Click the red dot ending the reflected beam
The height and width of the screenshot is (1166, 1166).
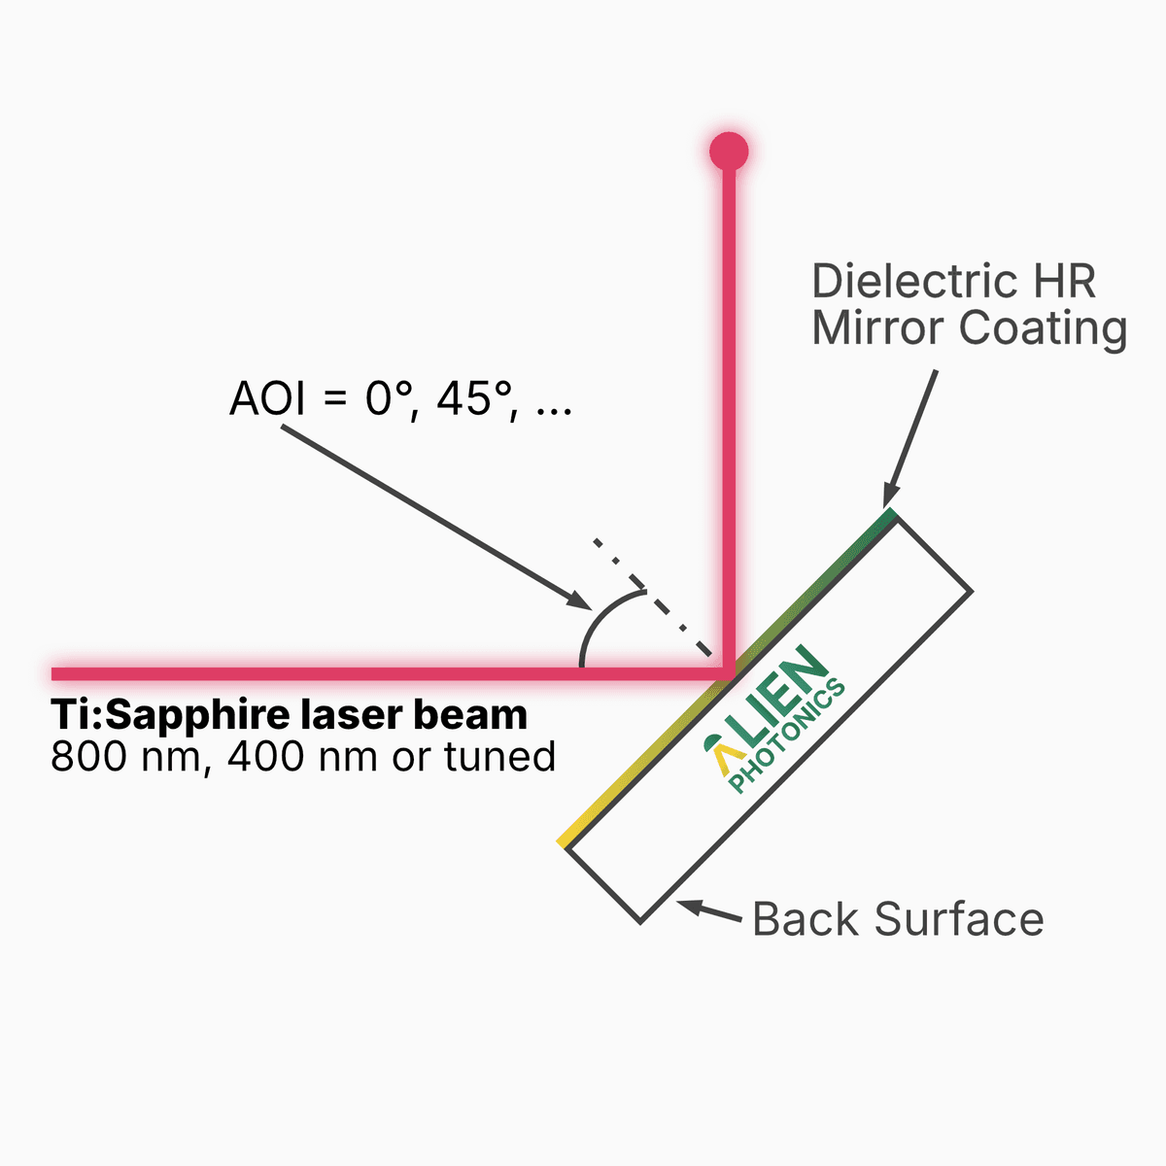(729, 152)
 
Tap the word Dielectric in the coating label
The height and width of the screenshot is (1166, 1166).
(914, 281)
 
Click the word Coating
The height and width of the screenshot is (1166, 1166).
(1043, 329)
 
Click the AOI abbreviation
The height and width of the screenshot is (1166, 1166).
(267, 398)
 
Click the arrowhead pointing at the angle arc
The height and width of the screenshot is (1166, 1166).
(577, 600)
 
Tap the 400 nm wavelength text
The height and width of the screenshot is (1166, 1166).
(302, 756)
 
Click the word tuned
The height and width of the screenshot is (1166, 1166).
(499, 756)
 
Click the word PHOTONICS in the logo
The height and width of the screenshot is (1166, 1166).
(787, 736)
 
